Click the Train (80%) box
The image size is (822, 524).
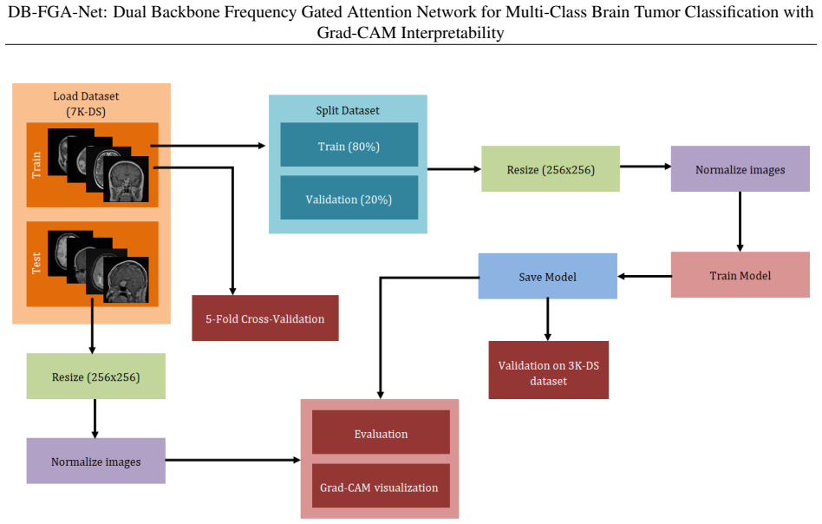coord(349,145)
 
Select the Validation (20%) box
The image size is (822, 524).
coord(349,198)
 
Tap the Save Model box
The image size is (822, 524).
coord(548,277)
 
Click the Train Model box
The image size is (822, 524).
coord(740,275)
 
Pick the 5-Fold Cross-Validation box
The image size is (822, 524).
coord(265,318)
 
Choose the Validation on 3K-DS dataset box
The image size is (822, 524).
coord(549,370)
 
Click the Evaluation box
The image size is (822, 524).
coord(382,432)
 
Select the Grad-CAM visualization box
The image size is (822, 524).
coord(382,486)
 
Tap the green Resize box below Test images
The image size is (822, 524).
coord(96,377)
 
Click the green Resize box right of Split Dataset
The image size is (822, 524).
coord(551,169)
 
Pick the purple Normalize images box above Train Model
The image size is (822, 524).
coord(740,169)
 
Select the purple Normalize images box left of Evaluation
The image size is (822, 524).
coord(96,461)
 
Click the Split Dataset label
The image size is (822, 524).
coord(348,111)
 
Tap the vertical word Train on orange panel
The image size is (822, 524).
coord(36,165)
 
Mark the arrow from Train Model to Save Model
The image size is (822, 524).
coord(644,277)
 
